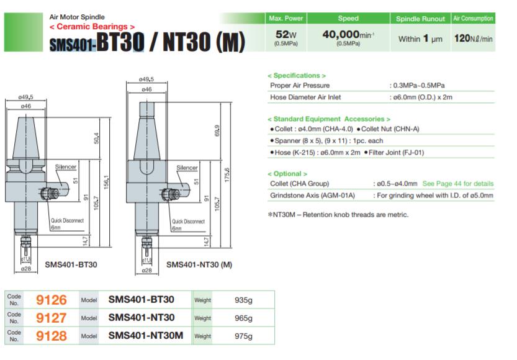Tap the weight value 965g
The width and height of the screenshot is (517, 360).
click(x=241, y=318)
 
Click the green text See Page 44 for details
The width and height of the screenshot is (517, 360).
click(x=458, y=184)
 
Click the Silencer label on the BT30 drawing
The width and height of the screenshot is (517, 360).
click(x=65, y=168)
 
